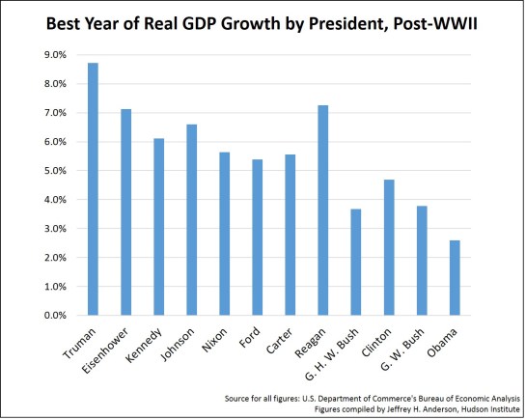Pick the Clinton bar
[388, 247]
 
